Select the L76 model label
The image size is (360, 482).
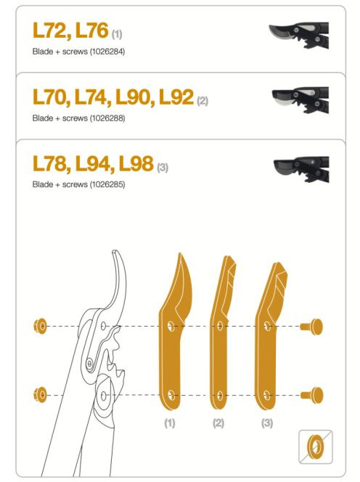(91, 30)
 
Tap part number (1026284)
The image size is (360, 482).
(107, 52)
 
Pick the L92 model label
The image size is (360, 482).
(176, 97)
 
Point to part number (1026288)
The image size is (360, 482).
(107, 118)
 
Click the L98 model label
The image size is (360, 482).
(136, 163)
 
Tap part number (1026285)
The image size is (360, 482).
(107, 184)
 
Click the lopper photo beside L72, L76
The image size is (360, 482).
(299, 34)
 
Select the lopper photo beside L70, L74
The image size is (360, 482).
(300, 100)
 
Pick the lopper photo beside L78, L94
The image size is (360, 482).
(301, 169)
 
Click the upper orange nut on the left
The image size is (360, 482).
(40, 326)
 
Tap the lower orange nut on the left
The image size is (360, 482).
(40, 395)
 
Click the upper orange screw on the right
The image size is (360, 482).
(311, 327)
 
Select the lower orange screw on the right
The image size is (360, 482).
(311, 395)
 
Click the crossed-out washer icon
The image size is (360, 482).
(316, 446)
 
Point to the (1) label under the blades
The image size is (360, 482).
(170, 423)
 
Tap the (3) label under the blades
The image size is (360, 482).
(267, 423)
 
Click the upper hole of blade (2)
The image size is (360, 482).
(220, 326)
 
